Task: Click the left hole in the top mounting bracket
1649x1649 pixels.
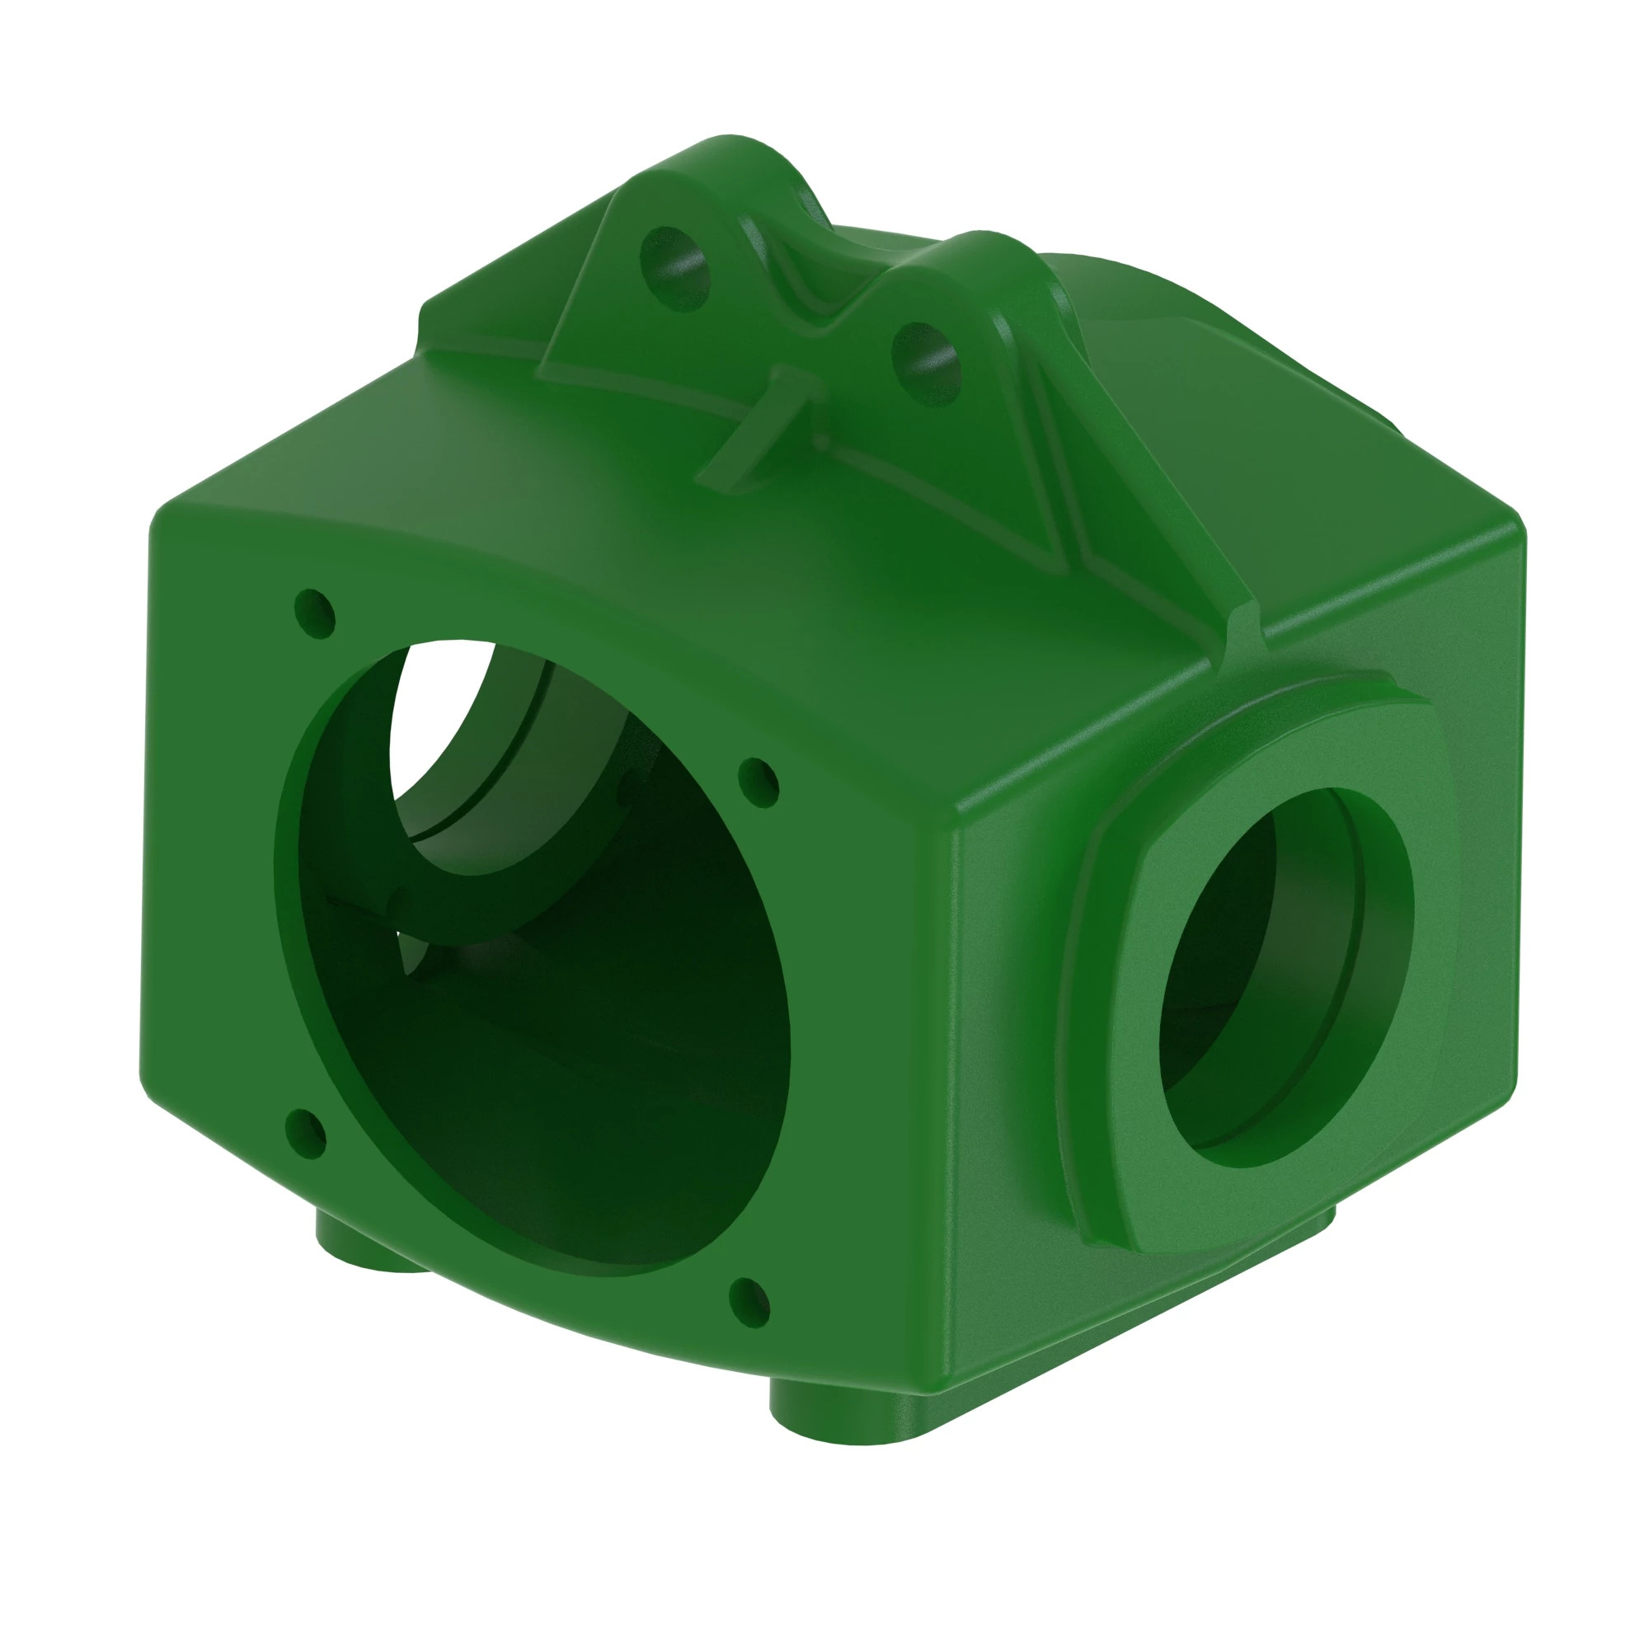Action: (x=675, y=268)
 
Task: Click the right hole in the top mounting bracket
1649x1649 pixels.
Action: (x=926, y=363)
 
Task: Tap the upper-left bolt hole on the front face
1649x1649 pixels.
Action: (x=314, y=613)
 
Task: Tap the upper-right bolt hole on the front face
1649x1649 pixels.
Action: (x=758, y=782)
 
